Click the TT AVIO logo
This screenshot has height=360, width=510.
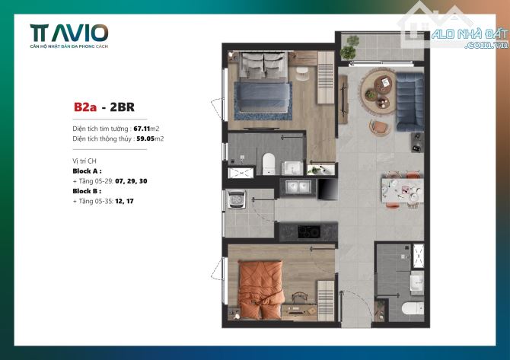69,36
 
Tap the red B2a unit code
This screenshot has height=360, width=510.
85,107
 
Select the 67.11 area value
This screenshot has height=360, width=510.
142,129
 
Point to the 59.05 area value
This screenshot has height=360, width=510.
145,139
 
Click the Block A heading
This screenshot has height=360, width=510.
88,170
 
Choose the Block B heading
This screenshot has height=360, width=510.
87,191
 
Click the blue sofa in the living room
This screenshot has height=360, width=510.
410,102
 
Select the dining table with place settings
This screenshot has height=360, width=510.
403,190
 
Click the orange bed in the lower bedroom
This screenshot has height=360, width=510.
260,288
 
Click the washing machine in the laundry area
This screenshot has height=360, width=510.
236,199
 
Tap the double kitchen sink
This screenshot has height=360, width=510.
298,187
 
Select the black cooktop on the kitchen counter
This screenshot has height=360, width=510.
309,232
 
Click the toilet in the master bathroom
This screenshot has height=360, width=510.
269,163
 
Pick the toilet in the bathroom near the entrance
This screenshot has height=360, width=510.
413,308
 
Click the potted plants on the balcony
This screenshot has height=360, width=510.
349,47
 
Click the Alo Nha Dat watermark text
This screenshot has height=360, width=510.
470,38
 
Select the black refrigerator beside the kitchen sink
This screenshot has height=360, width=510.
327,189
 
